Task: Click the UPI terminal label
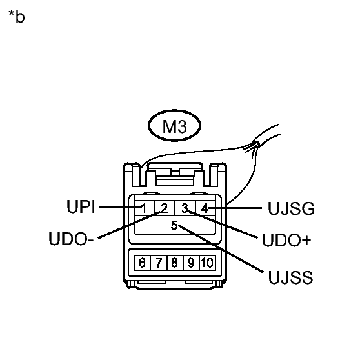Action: [x=81, y=208]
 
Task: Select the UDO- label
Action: [x=72, y=239]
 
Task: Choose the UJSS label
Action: [x=290, y=278]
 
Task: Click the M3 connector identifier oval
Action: [x=174, y=127]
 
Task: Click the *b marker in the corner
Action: [x=16, y=17]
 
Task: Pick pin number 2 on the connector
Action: [x=164, y=208]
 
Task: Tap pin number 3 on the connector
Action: [x=185, y=208]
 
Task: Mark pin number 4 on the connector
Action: [x=204, y=208]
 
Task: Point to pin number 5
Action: [x=174, y=225]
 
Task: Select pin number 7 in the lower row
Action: [x=158, y=263]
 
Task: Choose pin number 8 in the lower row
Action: [x=174, y=263]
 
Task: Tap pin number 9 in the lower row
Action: [x=190, y=263]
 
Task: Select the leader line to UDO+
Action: [x=226, y=226]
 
